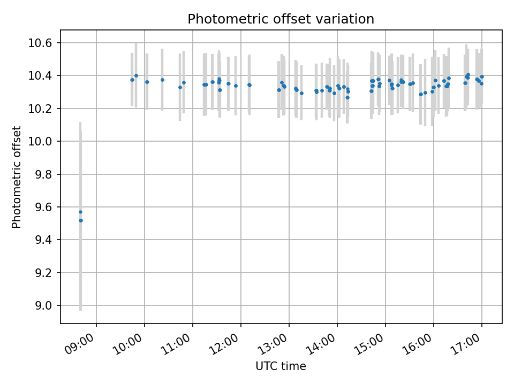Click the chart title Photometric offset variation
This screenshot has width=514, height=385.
tap(281, 19)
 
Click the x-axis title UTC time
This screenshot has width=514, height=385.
tap(281, 366)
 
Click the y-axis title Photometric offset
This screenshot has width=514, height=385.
tap(17, 177)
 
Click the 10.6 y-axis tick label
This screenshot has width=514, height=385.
tap(43, 43)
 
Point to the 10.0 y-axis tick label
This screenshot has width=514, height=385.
tap(43, 142)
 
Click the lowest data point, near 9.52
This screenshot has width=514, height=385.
tap(81, 220)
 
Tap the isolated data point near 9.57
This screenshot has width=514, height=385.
tap(80, 212)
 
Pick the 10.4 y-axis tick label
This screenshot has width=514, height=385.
tap(43, 76)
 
